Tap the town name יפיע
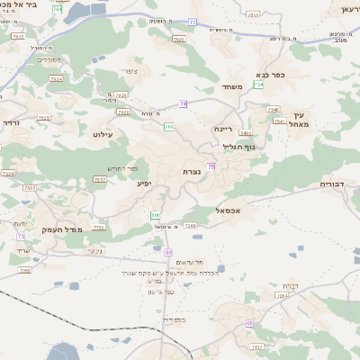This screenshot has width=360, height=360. (x=144, y=183)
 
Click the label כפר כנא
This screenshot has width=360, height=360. (x=271, y=76)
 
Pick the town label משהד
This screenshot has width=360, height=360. (x=232, y=86)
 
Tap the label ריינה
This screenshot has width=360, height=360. (x=223, y=129)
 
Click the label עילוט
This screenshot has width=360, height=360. (x=102, y=133)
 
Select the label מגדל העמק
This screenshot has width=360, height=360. (x=87, y=229)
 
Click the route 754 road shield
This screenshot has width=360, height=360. (x=259, y=85)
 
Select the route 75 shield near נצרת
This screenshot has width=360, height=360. (x=211, y=166)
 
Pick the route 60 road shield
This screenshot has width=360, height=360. (x=168, y=253)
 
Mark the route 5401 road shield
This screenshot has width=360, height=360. (x=246, y=133)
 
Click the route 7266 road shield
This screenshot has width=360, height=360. (x=191, y=225)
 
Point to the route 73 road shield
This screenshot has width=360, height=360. (x=20, y=236)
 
